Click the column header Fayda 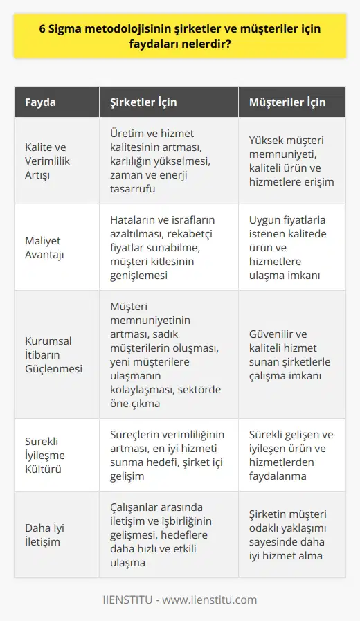pyautogui.click(x=41, y=102)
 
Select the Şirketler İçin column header pyautogui.click(x=143, y=102)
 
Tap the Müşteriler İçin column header pyautogui.click(x=287, y=102)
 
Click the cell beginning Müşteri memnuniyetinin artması pyautogui.click(x=166, y=354)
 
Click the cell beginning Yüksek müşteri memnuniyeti pyautogui.click(x=291, y=161)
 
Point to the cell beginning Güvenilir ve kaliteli pyautogui.click(x=291, y=354)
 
